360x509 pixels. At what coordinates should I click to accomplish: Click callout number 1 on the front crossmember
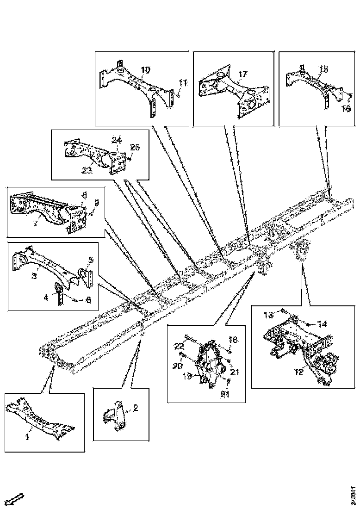(27, 436)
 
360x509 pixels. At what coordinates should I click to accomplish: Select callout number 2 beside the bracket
(136, 408)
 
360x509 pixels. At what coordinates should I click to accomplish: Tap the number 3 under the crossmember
(34, 276)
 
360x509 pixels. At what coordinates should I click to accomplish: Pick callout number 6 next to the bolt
(88, 300)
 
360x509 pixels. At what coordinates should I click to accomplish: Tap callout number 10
(145, 70)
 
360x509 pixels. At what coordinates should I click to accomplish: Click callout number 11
(183, 83)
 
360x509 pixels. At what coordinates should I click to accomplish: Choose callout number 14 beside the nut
(322, 324)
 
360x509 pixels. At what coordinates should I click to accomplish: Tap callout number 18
(233, 340)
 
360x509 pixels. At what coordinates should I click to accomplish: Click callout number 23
(87, 170)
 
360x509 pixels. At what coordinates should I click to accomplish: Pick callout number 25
(135, 147)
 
